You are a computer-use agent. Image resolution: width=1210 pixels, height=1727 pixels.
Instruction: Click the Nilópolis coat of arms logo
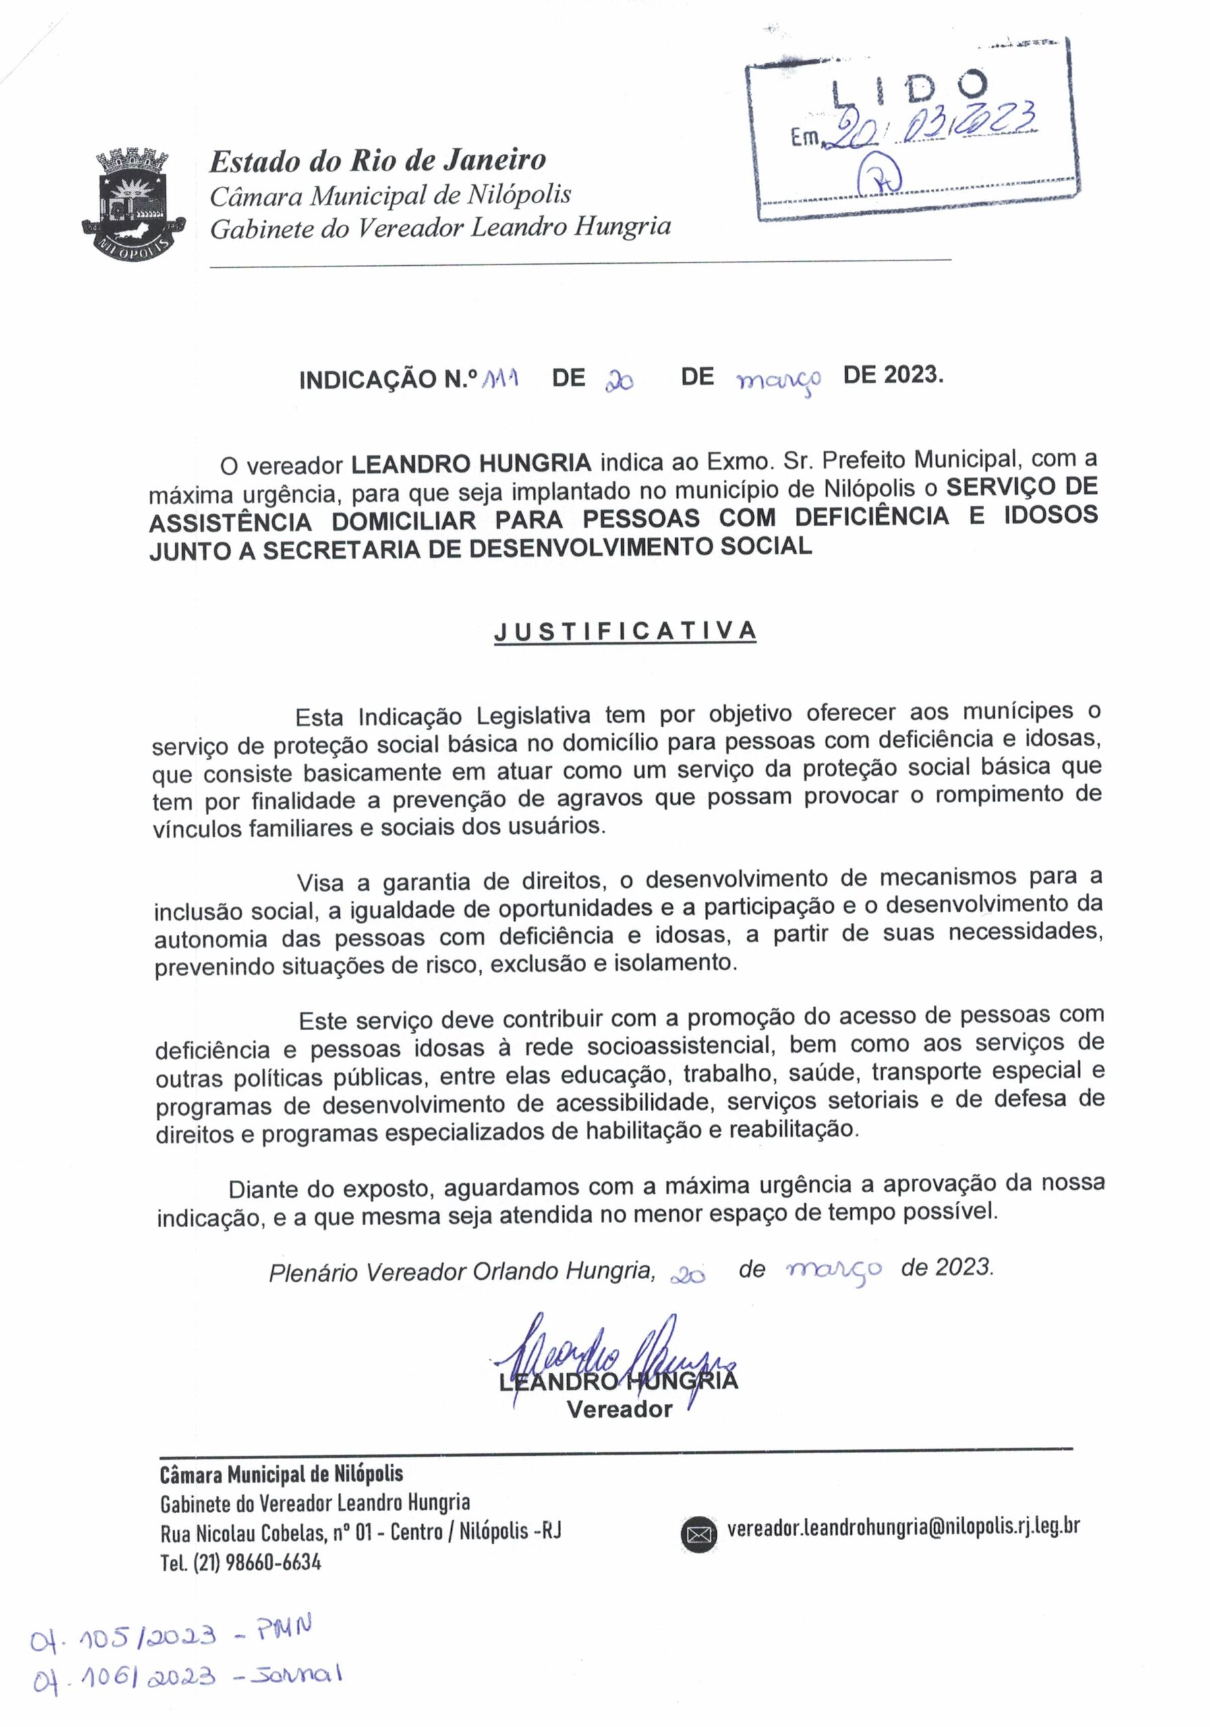click(132, 203)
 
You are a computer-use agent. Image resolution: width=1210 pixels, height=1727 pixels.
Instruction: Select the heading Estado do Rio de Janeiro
click(378, 160)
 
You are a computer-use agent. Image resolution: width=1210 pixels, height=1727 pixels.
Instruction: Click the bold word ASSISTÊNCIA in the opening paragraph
click(230, 522)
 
